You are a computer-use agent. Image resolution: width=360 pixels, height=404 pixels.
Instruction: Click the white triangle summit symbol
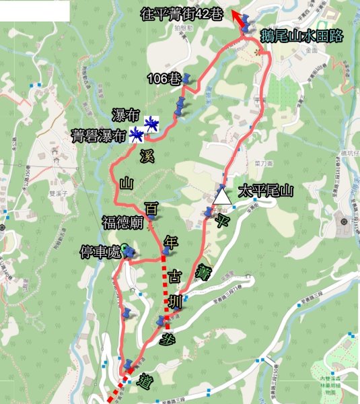(221, 196)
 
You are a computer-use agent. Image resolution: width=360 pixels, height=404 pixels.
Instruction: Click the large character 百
(152, 209)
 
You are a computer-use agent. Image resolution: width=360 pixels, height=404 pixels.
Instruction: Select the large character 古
(174, 275)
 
